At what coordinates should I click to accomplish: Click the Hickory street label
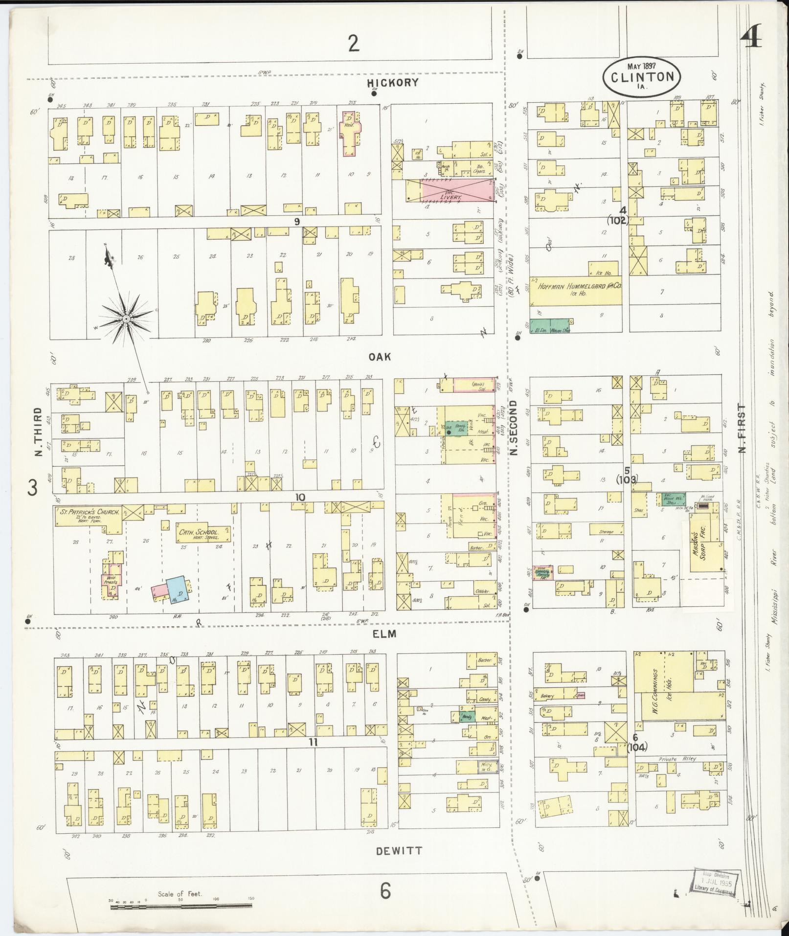[393, 82]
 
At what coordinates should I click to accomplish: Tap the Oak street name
[380, 357]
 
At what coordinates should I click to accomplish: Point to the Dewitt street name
[399, 851]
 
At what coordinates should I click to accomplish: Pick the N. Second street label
[513, 428]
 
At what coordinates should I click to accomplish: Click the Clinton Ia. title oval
[641, 77]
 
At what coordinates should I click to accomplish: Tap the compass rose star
[126, 319]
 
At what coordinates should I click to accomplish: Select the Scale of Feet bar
[180, 907]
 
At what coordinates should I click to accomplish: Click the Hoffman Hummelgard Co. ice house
[576, 288]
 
